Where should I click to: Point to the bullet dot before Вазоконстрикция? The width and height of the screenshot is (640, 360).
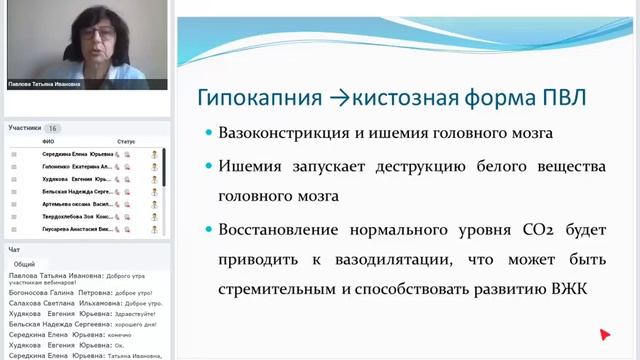coord(207,133)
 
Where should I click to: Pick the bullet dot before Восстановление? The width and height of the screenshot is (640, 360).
coord(207,230)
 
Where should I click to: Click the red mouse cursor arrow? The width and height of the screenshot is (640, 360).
coord(604,335)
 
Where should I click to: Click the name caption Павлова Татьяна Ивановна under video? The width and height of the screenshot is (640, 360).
coord(44,85)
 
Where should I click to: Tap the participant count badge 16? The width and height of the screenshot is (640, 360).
coord(52,128)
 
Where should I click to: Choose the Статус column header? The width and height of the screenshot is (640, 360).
coord(126,142)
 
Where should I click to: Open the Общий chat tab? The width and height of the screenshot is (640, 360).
coord(23,264)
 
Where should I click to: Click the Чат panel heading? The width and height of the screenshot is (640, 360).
coord(14,249)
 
